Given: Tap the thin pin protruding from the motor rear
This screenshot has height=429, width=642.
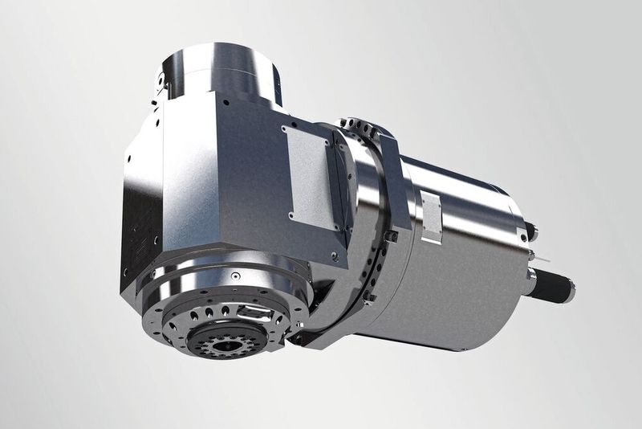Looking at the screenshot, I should pos(545,259).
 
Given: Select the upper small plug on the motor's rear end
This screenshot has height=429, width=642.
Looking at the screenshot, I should pos(530,232).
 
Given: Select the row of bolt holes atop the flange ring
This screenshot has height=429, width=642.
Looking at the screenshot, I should pos(360,128).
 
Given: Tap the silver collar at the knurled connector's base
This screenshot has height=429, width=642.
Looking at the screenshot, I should pos(534,277).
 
